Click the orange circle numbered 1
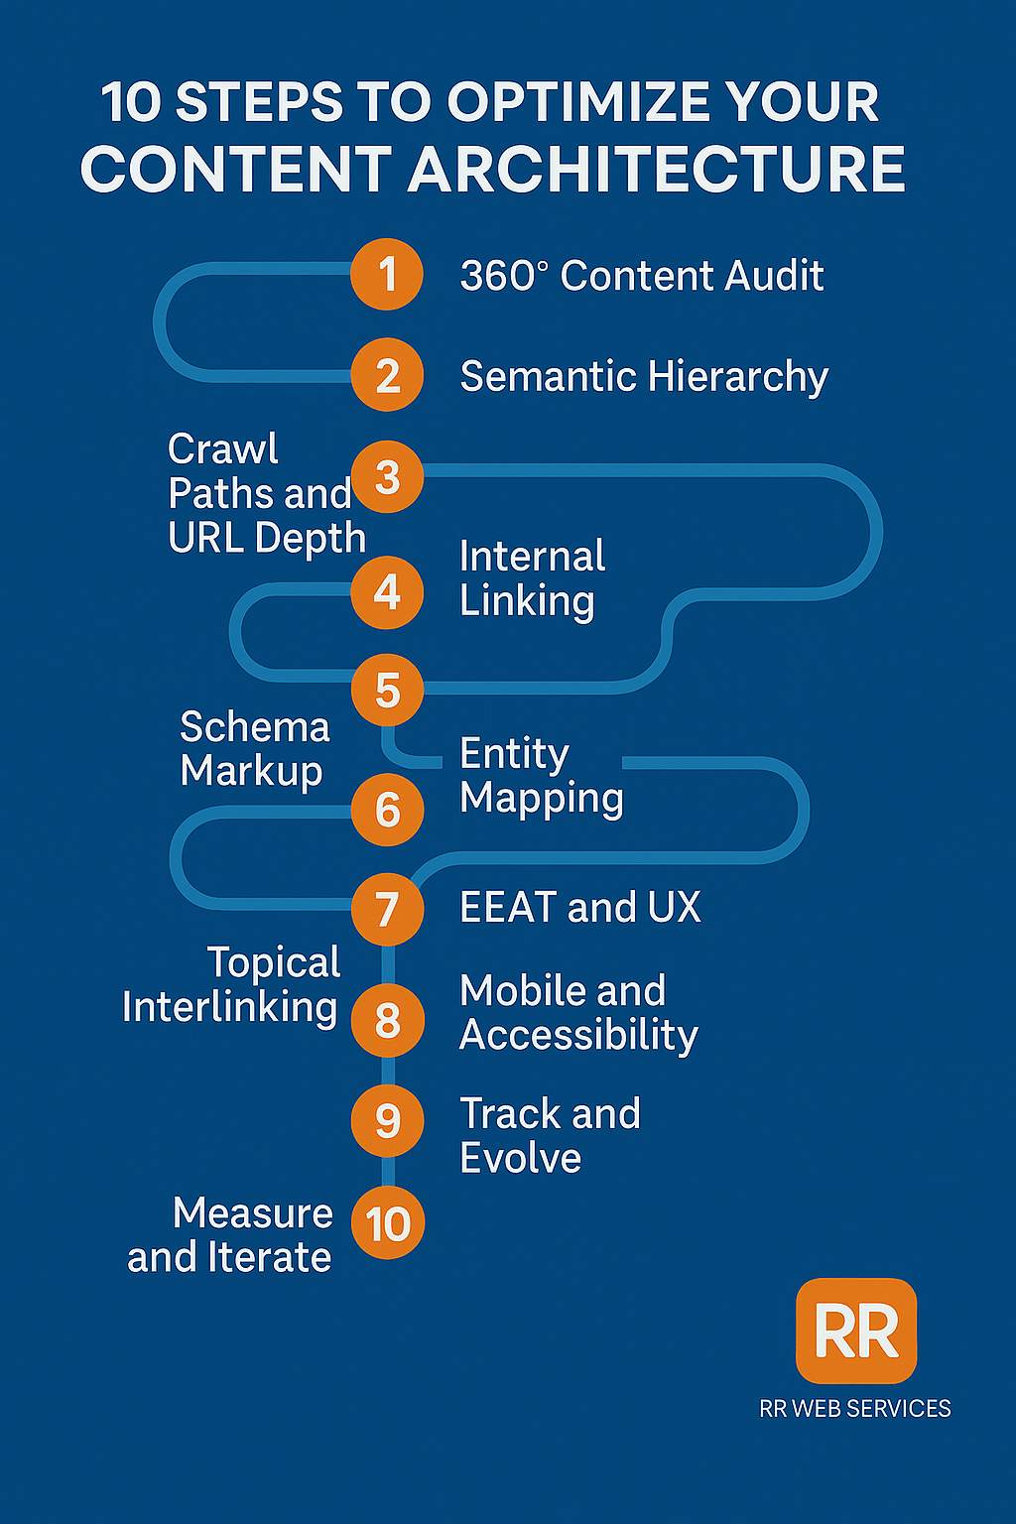coord(387,275)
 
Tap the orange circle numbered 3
coord(387,477)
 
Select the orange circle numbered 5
coord(387,691)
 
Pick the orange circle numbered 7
coord(387,909)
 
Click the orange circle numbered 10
coord(388,1223)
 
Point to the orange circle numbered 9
coord(387,1121)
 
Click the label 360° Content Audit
coord(641,276)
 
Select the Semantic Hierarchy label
coord(644,377)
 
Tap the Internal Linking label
coord(531,578)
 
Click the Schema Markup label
coord(253,749)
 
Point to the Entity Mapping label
coord(541,776)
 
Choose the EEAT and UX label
coord(579,908)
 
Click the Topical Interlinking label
coord(230,985)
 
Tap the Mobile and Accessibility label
coord(578,1013)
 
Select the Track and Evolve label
coord(550,1136)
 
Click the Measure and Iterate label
coord(230,1235)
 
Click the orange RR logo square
coord(856,1331)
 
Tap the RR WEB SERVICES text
coord(854,1409)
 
